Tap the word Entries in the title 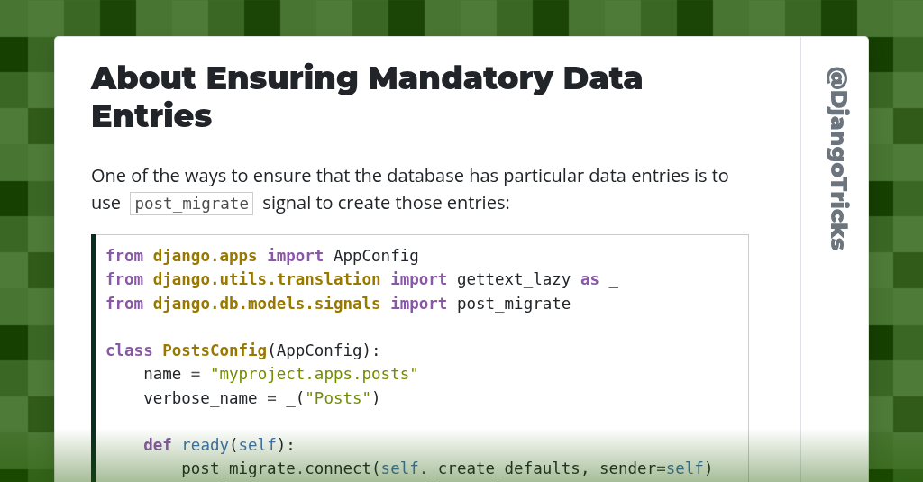click(x=151, y=115)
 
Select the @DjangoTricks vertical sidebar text click(x=837, y=158)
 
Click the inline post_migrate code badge click(x=191, y=203)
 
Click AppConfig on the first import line click(x=376, y=256)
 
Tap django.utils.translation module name click(x=267, y=279)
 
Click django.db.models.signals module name click(x=267, y=304)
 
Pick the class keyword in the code click(x=129, y=350)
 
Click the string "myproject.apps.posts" click(x=315, y=373)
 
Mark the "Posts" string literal click(x=338, y=397)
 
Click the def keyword click(x=158, y=444)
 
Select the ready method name click(x=205, y=444)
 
